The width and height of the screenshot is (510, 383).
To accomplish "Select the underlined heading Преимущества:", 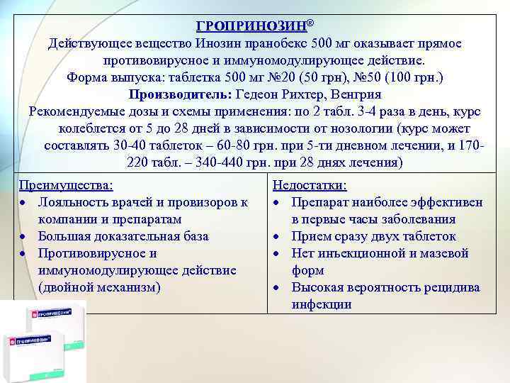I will pos(65,186).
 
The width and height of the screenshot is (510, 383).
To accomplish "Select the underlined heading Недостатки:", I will pos(310,186).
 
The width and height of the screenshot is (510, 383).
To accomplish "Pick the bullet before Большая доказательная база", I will pos(24,237).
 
